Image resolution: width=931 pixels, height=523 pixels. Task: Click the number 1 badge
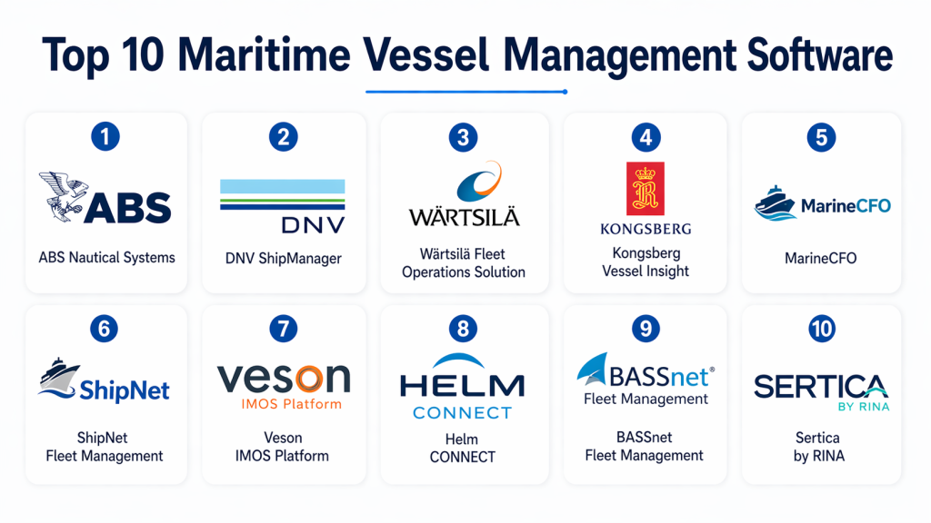[106, 138]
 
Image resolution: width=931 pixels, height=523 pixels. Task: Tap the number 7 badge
[284, 329]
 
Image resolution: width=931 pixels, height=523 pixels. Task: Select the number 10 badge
[821, 329]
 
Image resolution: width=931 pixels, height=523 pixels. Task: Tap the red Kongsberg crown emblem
[645, 188]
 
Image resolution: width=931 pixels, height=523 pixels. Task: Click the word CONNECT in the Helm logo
[462, 413]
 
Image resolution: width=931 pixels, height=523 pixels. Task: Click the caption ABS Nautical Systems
[106, 258]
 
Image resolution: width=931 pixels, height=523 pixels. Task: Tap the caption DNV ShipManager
[284, 259]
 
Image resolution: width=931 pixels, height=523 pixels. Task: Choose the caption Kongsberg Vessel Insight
[645, 261]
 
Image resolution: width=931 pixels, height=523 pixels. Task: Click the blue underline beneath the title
[465, 91]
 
